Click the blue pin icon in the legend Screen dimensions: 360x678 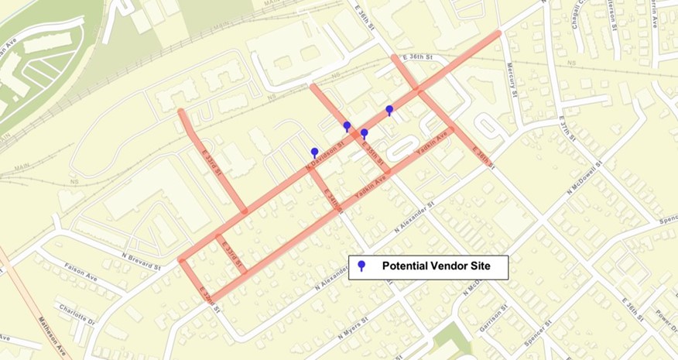click(361, 267)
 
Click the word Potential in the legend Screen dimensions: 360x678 click(407, 266)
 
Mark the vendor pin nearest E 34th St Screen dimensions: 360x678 click(314, 153)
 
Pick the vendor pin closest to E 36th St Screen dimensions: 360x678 click(389, 111)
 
